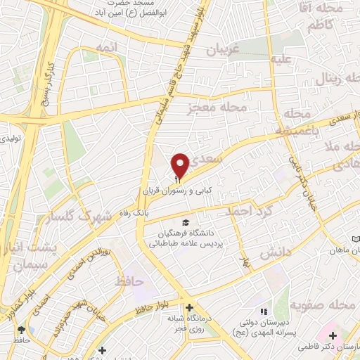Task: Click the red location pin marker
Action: (181, 165)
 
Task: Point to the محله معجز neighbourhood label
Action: (212, 108)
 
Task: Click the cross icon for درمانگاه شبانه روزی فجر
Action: (189, 307)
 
